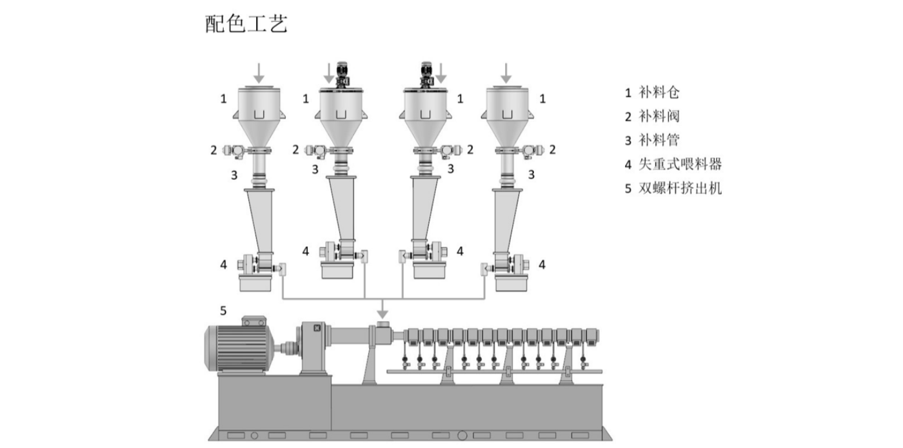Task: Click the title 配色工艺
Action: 246,24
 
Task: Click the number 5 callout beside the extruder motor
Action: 223,311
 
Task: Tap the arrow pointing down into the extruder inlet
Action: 382,309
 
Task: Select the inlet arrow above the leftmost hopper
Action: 259,73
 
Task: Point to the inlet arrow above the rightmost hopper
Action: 506,73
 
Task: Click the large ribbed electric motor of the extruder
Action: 238,347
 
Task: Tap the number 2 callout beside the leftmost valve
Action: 213,150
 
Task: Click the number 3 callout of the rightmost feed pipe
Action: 531,175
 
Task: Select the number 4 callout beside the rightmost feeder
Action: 542,264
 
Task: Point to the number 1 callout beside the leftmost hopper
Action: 223,99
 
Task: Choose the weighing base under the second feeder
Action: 337,270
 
